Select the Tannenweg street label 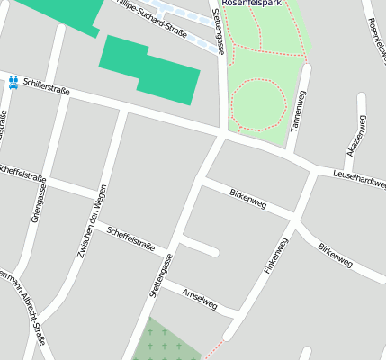[x=299, y=109]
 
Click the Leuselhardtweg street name [x=359, y=177]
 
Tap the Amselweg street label [x=199, y=299]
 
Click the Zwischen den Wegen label [x=93, y=220]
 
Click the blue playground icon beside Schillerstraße [x=13, y=81]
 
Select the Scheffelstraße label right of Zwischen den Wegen [x=130, y=239]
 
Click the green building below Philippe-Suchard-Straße [x=148, y=68]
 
